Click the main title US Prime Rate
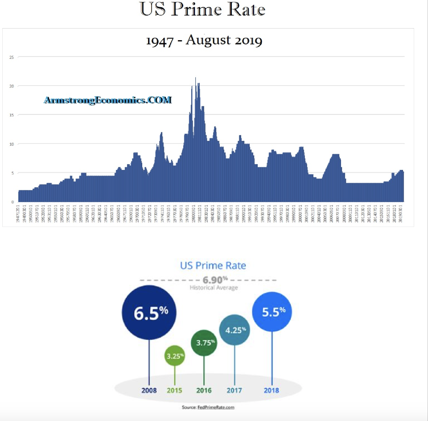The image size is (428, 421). click(203, 10)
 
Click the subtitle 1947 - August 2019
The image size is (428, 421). click(204, 41)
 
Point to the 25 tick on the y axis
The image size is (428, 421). click(12, 57)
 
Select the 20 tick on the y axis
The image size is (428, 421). click(12, 86)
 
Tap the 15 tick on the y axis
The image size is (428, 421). click(12, 115)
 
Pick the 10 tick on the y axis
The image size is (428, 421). click(12, 144)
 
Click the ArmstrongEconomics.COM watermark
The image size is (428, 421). click(107, 100)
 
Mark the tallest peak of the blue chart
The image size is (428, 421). click(195, 78)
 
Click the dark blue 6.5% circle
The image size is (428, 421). click(149, 312)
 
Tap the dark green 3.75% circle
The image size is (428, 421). click(204, 343)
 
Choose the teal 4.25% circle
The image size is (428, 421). click(234, 330)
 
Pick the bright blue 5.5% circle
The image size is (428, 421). click(272, 312)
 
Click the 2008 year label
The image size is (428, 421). click(149, 390)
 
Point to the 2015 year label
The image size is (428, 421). click(175, 390)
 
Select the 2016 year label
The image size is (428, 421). click(204, 390)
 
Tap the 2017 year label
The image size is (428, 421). click(234, 390)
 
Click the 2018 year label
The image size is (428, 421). click(271, 390)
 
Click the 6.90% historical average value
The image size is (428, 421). click(212, 281)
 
